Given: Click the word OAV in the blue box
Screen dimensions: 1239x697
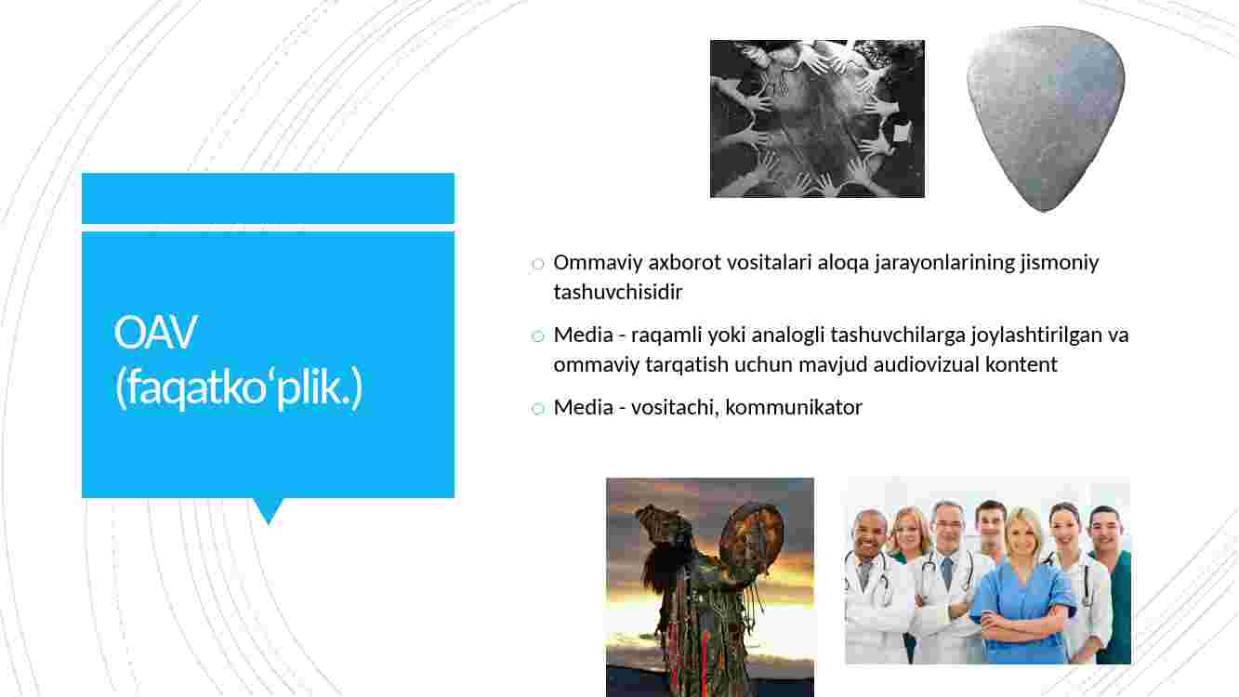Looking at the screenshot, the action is [155, 332].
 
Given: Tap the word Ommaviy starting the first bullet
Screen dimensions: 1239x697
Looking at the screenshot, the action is [598, 263].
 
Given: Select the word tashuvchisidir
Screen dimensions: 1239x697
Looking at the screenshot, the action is [618, 292].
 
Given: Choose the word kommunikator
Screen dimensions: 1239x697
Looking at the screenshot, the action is [794, 408].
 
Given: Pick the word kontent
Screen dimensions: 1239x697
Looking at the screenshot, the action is [1022, 365].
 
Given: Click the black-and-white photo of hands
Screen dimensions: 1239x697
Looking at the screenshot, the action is [817, 118].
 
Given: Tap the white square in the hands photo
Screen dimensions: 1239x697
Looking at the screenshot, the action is [902, 132].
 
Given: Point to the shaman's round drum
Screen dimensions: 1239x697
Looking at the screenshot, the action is [754, 538].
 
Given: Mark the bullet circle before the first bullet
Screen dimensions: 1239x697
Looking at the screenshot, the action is [537, 264].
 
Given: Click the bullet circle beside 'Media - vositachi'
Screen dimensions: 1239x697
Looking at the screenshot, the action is [537, 409].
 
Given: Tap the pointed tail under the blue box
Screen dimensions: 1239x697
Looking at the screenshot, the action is [269, 510].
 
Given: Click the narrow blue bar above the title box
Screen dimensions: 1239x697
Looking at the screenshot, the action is [269, 199].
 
